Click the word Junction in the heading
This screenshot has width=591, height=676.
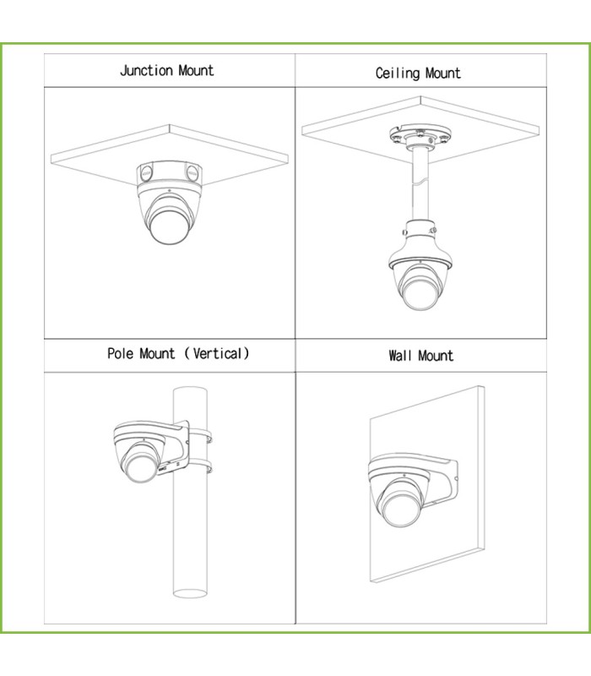coord(146,71)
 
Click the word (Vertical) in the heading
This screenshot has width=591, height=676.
coord(217,353)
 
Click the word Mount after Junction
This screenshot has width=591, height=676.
coord(196,71)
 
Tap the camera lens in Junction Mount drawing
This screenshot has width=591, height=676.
coord(168,226)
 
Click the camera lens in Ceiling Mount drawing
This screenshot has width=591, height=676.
coord(419,293)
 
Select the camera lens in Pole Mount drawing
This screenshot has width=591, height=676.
coord(139,467)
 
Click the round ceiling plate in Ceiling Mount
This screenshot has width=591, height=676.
coord(420,137)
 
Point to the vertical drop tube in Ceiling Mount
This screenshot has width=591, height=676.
coord(420,184)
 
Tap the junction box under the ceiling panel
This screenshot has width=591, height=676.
coord(170,174)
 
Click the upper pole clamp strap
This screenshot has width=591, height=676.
coord(200,434)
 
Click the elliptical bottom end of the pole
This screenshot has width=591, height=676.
coord(190,593)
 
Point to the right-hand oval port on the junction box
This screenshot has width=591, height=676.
coord(192,173)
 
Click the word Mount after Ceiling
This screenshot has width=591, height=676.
coord(442,74)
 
